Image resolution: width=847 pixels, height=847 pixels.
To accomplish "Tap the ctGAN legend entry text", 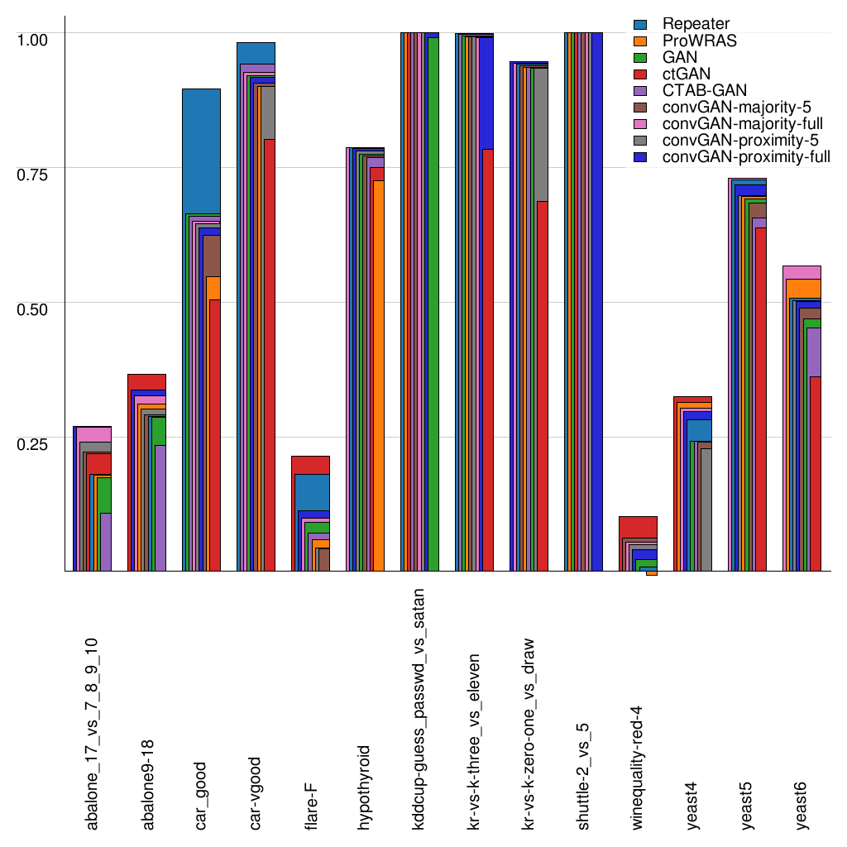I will (686, 74).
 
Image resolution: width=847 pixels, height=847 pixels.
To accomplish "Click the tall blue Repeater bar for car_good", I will (201, 149).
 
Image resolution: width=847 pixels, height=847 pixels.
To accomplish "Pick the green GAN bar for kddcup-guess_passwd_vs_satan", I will (433, 298).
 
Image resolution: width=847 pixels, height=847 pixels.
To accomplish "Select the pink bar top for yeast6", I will (801, 272).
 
